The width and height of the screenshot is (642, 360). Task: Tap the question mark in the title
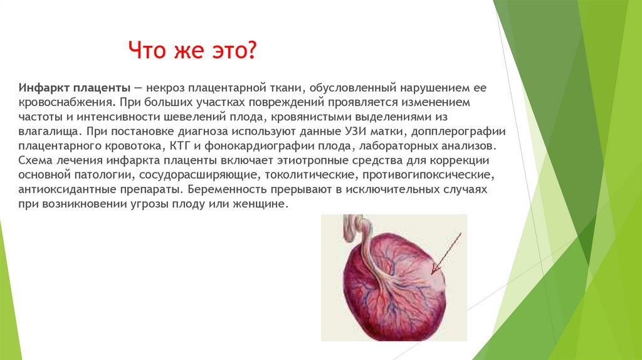251,50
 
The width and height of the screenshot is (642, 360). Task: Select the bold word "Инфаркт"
43,87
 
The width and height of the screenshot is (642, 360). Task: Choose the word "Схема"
34,161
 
